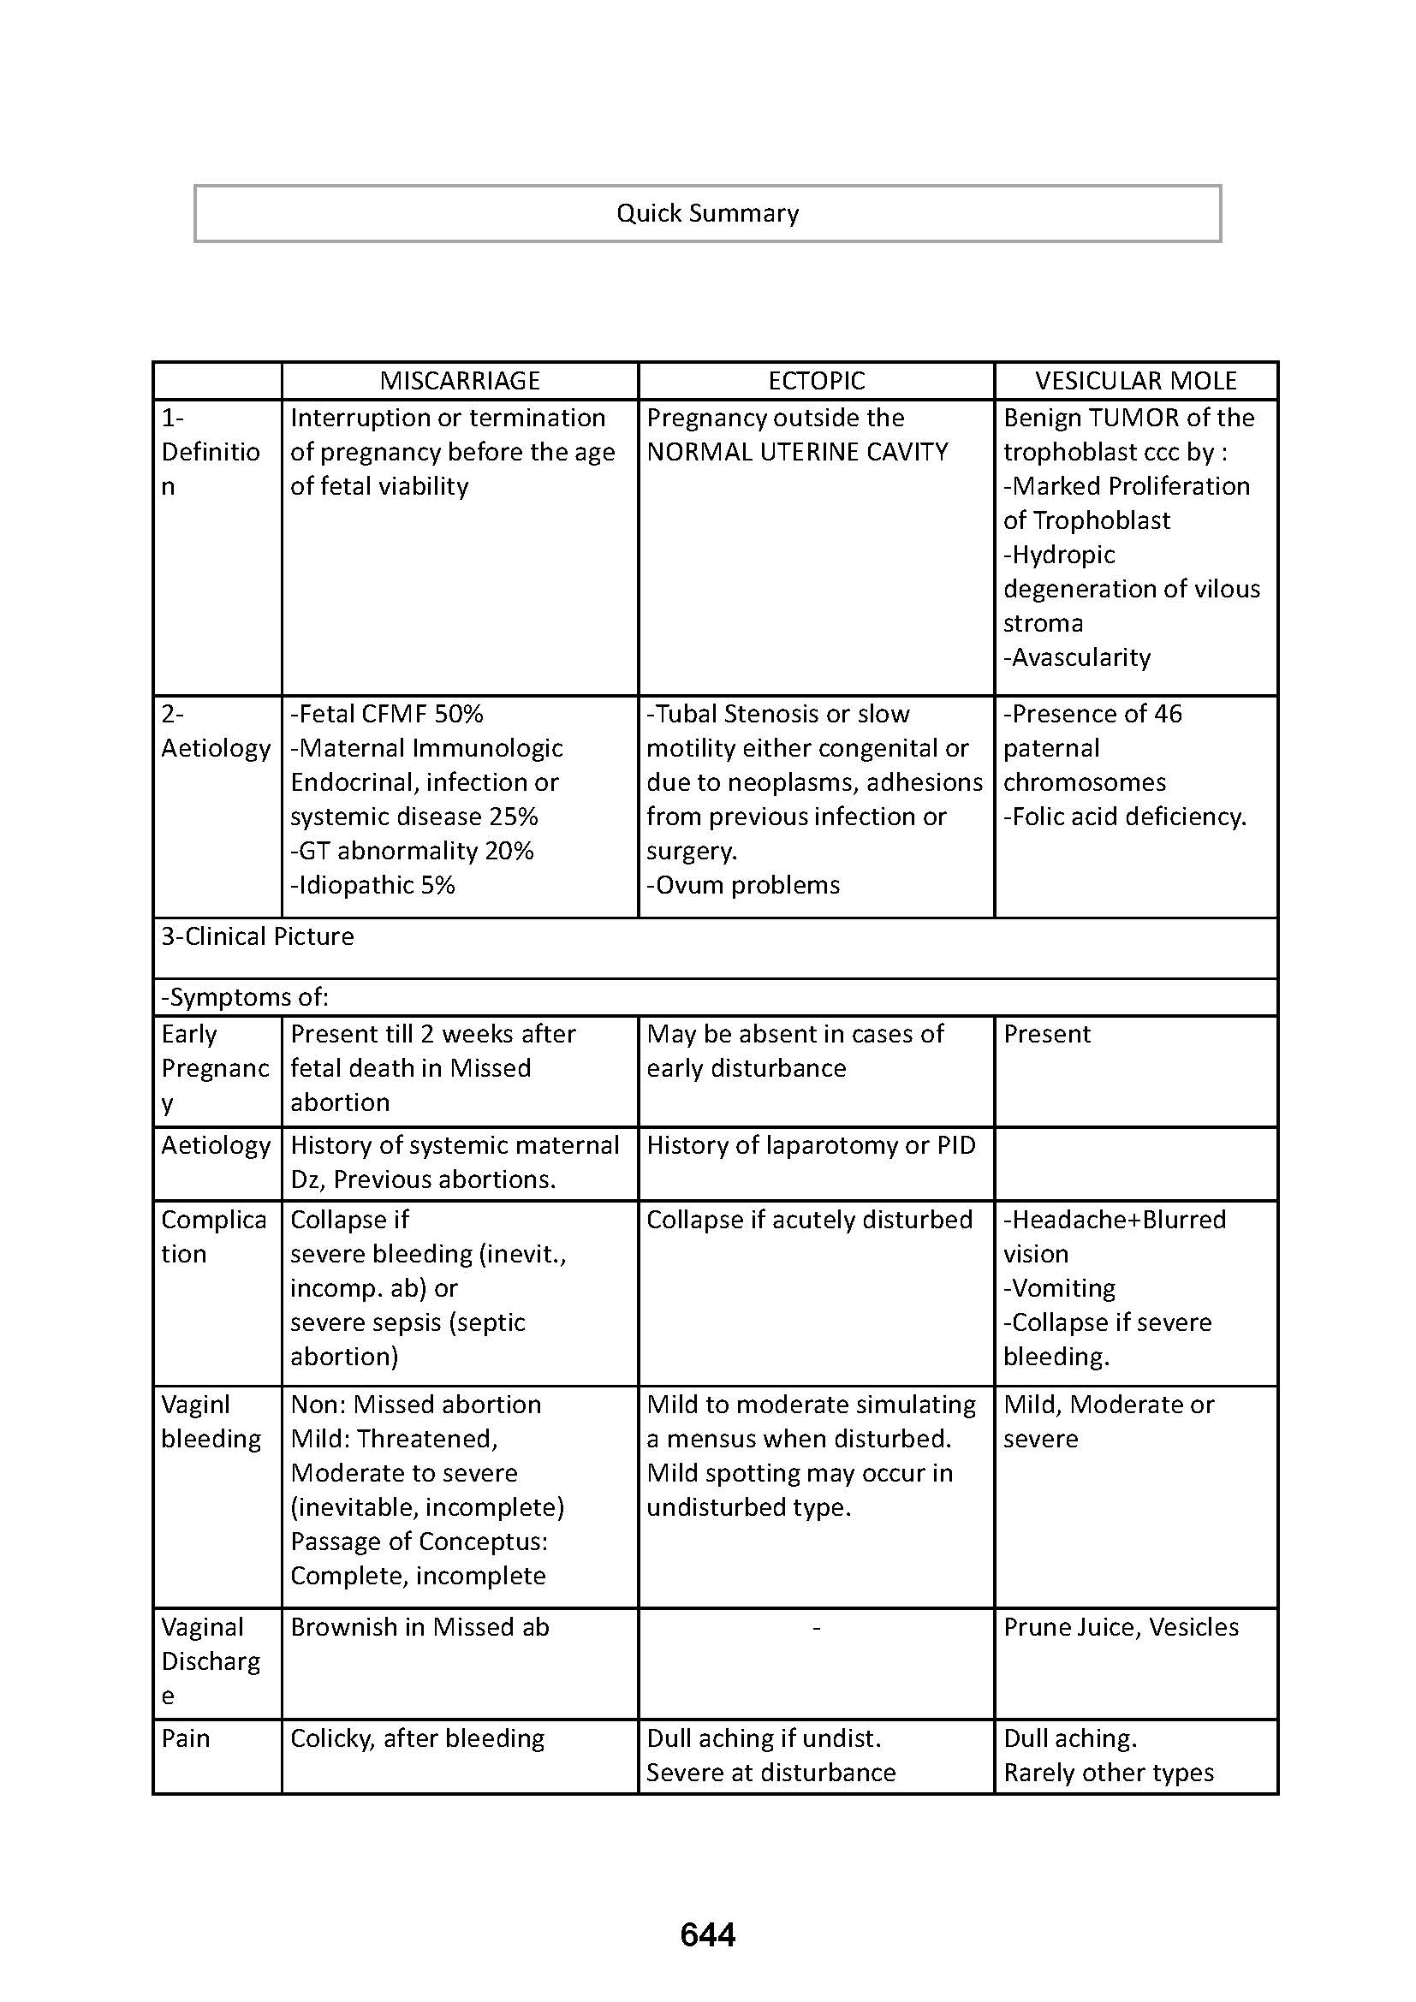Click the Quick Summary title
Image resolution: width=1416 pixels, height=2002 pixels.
[x=707, y=214]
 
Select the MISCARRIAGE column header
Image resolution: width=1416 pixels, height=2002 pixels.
[x=460, y=381]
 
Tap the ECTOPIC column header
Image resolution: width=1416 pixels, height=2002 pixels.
[x=816, y=381]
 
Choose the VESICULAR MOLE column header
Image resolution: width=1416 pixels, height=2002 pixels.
[x=1135, y=381]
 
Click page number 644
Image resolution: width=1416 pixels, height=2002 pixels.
[x=707, y=1935]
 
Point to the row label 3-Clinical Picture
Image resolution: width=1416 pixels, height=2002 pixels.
[x=257, y=936]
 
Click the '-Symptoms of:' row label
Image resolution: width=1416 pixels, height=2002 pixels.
[x=245, y=996]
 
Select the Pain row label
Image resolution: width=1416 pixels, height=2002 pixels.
[x=186, y=1738]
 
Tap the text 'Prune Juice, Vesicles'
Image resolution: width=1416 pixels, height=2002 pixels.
[x=1121, y=1627]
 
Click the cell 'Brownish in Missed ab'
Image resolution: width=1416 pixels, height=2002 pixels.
[x=419, y=1627]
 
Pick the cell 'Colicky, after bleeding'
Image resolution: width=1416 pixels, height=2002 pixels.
[x=417, y=1738]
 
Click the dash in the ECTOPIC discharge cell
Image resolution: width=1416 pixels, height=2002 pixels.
[x=816, y=1628]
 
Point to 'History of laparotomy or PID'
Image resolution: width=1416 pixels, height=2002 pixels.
[x=810, y=1145]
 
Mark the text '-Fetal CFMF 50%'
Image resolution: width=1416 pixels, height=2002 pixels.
[x=386, y=714]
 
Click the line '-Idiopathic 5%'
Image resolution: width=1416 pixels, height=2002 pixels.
[x=372, y=885]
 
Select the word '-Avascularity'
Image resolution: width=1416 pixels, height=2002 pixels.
[x=1076, y=657]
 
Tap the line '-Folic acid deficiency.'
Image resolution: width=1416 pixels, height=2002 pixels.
[x=1125, y=817]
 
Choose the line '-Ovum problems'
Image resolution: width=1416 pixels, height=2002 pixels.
[x=743, y=885]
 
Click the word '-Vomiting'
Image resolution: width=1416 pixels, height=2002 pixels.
[x=1058, y=1288]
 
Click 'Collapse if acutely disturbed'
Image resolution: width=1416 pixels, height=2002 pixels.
[x=809, y=1220]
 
